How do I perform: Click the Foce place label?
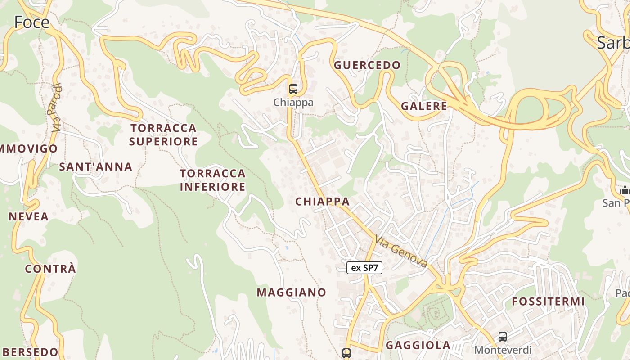click(31, 22)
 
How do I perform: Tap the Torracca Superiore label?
click(163, 135)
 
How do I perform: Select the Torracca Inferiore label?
click(213, 180)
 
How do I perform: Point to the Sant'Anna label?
click(96, 167)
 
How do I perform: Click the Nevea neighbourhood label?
click(29, 216)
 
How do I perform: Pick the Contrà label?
click(50, 269)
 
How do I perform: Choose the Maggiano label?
click(292, 292)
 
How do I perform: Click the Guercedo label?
click(367, 65)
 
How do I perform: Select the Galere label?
click(424, 106)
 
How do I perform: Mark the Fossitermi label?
click(548, 301)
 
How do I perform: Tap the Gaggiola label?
click(418, 345)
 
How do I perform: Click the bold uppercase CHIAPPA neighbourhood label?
click(322, 202)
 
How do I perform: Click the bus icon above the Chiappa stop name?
click(293, 89)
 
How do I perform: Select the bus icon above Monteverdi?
click(503, 336)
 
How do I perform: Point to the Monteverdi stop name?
click(503, 350)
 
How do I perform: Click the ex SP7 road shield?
click(364, 268)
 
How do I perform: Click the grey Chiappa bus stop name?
click(293, 103)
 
